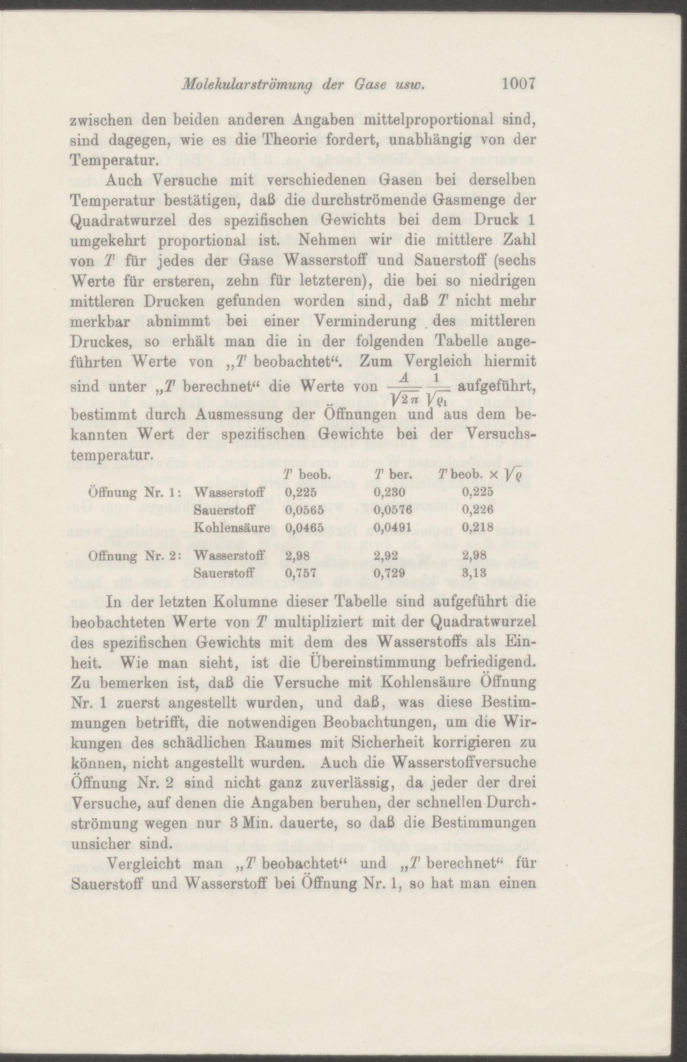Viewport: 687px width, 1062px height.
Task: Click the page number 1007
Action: pyautogui.click(x=517, y=84)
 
